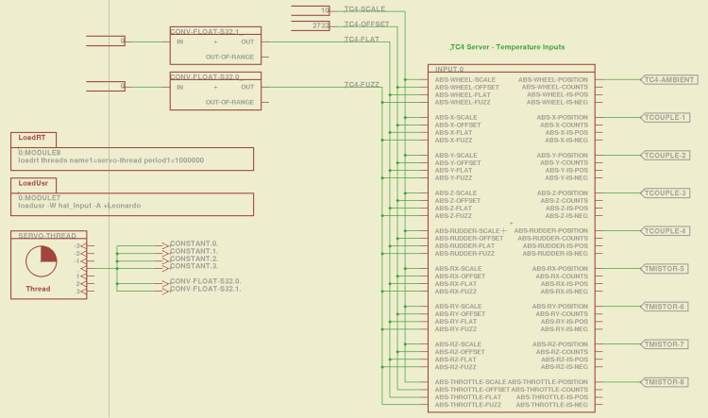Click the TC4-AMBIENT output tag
pyautogui.click(x=669, y=79)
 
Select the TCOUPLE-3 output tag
pyautogui.click(x=666, y=192)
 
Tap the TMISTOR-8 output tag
pyautogui.click(x=666, y=381)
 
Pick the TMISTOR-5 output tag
pyautogui.click(x=666, y=268)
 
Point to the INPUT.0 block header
pyautogui.click(x=448, y=69)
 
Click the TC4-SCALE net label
pyautogui.click(x=364, y=8)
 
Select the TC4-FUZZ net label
pyautogui.click(x=362, y=84)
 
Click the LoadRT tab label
pyautogui.click(x=33, y=138)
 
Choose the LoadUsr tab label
pyautogui.click(x=34, y=183)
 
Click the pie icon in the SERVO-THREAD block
pyautogui.click(x=41, y=260)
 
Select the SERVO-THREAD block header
pyautogui.click(x=48, y=234)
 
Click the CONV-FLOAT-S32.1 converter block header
pyautogui.click(x=204, y=31)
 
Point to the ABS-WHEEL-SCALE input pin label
pyautogui.click(x=465, y=79)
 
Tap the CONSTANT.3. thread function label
pyautogui.click(x=194, y=266)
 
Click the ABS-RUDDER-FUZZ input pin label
pyautogui.click(x=465, y=253)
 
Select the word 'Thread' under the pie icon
pyautogui.click(x=39, y=289)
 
